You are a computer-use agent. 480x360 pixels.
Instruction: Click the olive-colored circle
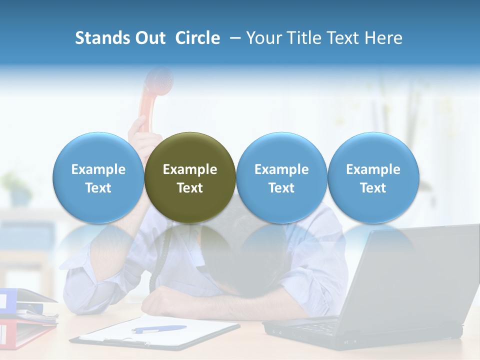pos(190,177)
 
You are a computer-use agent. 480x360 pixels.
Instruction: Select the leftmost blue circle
pos(98,177)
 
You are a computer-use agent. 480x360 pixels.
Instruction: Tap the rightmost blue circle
pos(373,177)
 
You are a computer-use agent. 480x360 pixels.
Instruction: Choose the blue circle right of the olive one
pos(281,177)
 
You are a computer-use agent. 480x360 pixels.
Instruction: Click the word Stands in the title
pos(97,38)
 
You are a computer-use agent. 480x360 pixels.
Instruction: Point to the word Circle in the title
pos(197,38)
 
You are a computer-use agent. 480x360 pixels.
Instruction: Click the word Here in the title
pos(382,38)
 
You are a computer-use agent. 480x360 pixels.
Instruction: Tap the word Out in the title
pos(150,38)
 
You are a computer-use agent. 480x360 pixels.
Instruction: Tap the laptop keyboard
pos(320,327)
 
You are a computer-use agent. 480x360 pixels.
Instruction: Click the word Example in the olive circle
pos(190,169)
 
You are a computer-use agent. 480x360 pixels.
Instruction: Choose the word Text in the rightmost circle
pos(373,188)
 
